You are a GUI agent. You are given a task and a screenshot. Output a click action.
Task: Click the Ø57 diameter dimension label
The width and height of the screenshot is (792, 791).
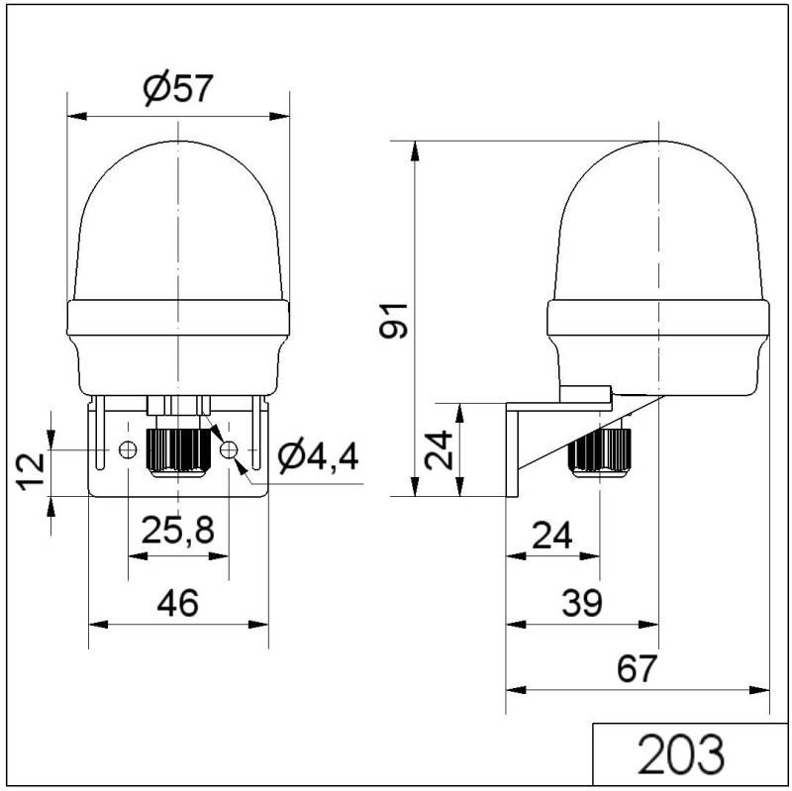tap(178, 90)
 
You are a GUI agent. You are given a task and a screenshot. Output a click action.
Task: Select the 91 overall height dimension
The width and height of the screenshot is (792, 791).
tap(396, 319)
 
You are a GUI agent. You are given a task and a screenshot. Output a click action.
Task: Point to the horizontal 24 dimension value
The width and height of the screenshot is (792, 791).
tap(551, 536)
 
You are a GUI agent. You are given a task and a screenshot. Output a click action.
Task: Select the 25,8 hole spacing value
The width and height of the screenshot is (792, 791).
tap(177, 531)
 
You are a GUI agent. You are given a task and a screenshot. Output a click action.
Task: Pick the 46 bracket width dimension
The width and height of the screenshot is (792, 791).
tap(178, 601)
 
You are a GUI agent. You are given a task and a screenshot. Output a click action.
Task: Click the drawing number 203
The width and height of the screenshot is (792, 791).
tap(681, 755)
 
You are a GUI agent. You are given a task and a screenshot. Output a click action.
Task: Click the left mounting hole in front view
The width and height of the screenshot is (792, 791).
tap(127, 450)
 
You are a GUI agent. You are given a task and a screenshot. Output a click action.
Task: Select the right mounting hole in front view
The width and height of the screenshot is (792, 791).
tap(230, 450)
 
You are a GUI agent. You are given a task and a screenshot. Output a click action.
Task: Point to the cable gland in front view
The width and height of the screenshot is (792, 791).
tap(178, 450)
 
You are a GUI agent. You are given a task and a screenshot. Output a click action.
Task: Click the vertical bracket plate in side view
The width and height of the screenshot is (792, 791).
tap(513, 450)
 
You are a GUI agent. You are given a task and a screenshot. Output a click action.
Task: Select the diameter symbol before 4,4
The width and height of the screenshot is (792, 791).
tap(290, 457)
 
